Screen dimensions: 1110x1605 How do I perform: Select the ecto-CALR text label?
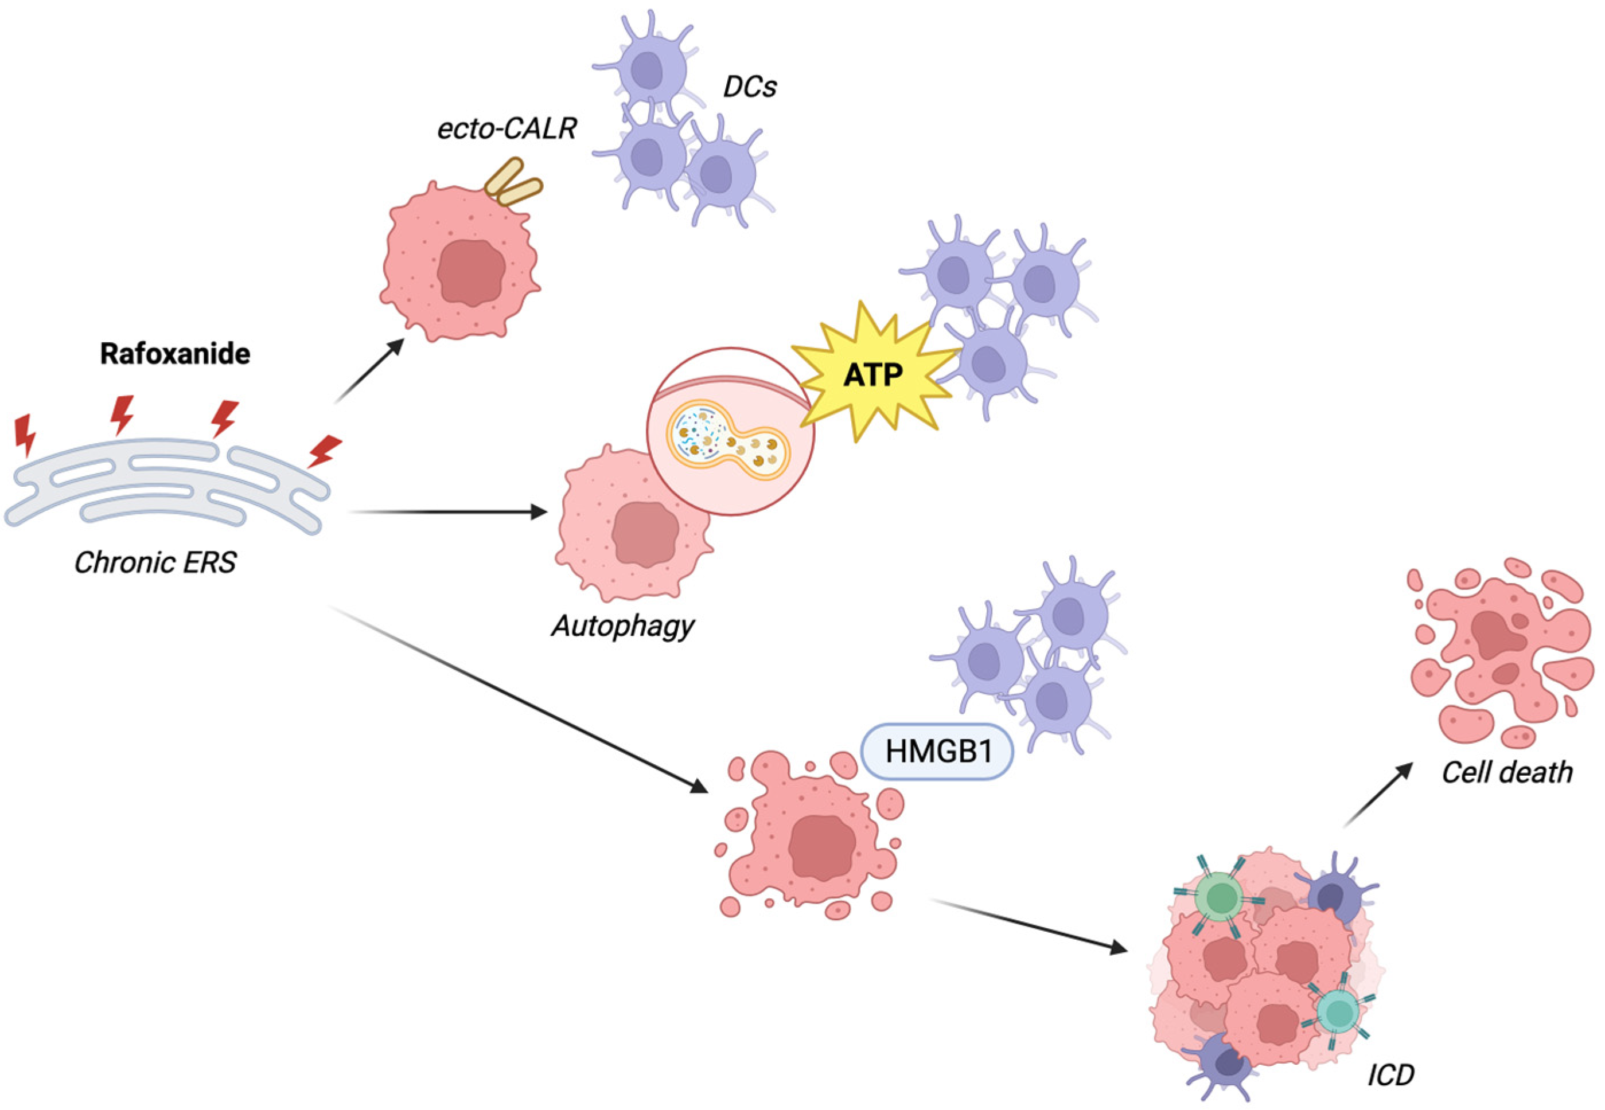tap(507, 128)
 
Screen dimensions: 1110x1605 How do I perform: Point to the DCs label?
tap(749, 87)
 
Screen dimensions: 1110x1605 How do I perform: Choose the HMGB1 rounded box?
tap(937, 751)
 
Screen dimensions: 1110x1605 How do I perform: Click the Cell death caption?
tap(1507, 773)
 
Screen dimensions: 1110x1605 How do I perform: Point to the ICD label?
tap(1390, 1075)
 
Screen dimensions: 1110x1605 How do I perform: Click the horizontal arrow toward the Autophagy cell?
tap(449, 512)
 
